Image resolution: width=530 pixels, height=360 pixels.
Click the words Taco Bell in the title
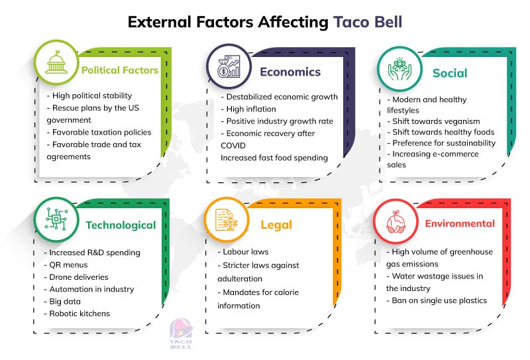(x=367, y=22)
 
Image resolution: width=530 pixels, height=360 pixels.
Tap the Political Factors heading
(x=120, y=70)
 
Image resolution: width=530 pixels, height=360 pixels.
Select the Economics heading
(x=290, y=72)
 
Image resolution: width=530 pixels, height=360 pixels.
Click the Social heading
(x=450, y=73)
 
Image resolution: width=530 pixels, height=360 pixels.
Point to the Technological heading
(x=121, y=225)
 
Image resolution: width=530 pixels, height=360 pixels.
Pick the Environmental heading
(x=460, y=223)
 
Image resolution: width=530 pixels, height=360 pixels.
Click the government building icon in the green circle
(x=56, y=64)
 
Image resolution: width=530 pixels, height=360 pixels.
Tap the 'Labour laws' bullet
(x=246, y=252)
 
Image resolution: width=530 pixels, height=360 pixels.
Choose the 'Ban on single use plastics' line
(x=437, y=300)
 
